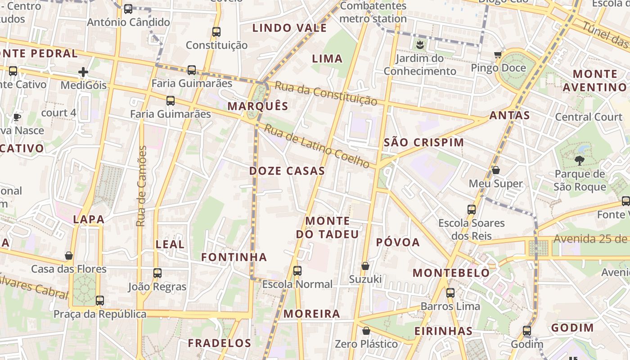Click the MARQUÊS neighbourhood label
tap(258, 106)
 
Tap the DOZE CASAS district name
tap(287, 171)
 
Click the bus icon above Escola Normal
tap(297, 271)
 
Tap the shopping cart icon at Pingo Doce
tap(498, 55)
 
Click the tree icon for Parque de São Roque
tap(580, 160)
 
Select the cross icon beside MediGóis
tap(83, 72)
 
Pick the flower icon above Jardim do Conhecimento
tap(419, 45)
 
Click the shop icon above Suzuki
tap(365, 266)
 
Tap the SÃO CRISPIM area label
tap(424, 143)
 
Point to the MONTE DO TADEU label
tap(328, 227)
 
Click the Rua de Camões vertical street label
tap(142, 186)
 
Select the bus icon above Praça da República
tap(100, 300)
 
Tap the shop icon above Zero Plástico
tap(366, 331)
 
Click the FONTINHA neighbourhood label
tap(234, 257)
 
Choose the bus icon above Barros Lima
tap(450, 293)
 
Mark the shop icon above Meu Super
tap(495, 170)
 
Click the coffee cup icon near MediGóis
tap(17, 117)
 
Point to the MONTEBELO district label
tap(451, 273)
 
